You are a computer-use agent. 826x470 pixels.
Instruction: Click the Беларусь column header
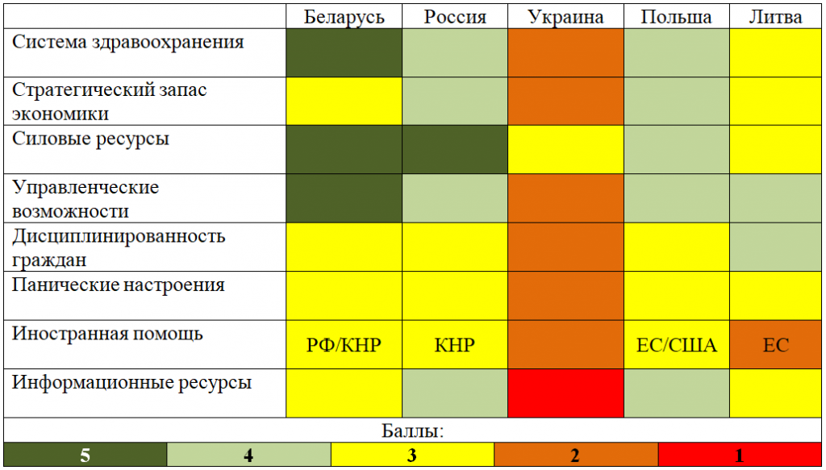coord(344,17)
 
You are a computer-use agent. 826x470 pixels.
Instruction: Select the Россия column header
coord(455,17)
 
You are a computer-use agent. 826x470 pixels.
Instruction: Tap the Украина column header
coord(565,17)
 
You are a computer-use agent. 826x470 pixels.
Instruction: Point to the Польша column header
coord(676,17)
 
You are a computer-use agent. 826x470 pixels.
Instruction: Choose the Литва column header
coord(775,17)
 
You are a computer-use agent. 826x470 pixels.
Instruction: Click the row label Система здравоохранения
coord(128,42)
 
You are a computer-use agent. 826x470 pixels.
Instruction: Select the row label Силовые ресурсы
coord(91,139)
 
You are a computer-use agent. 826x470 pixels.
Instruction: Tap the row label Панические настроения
coord(119,285)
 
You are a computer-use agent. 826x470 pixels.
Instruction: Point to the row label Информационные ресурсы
coord(132,383)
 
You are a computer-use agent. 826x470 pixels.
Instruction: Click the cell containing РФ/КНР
coord(344,345)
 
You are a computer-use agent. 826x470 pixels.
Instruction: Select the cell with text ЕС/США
coord(676,345)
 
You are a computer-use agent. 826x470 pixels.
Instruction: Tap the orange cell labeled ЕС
coord(775,345)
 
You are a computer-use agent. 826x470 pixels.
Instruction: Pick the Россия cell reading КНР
coord(455,345)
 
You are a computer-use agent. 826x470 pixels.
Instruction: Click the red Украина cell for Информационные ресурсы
coord(565,393)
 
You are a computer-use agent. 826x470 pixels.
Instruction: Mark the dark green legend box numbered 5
coord(85,455)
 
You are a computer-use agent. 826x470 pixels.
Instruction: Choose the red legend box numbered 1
coord(740,455)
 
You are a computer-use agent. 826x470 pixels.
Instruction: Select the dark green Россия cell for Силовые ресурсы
coord(455,150)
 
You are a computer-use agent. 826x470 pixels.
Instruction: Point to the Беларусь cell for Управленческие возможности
coord(344,199)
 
